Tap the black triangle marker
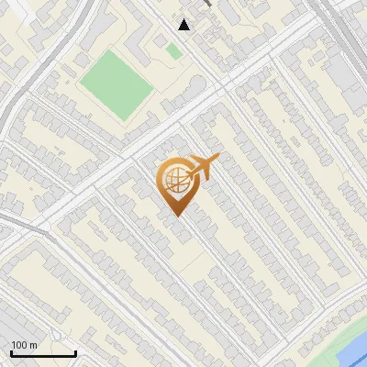click(x=184, y=25)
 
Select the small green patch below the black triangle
click(x=173, y=51)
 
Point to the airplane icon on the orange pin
click(x=203, y=168)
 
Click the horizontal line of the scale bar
click(x=43, y=353)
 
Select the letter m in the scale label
click(x=34, y=345)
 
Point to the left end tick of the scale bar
click(x=12, y=351)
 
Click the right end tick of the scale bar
click(x=75, y=351)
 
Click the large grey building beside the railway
click(x=352, y=69)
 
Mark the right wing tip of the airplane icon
click(x=218, y=160)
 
